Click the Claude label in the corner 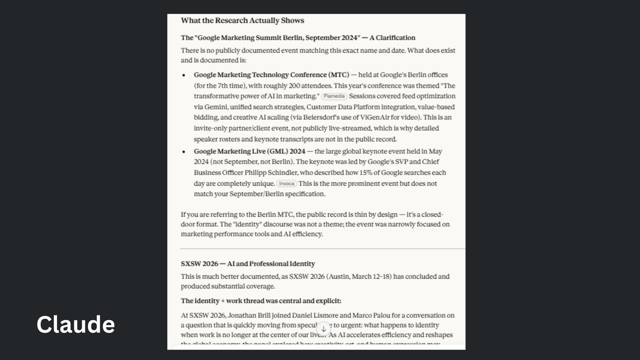tap(76, 324)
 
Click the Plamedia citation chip tap(334, 96)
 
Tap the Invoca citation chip tap(286, 184)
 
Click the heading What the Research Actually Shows tap(242, 21)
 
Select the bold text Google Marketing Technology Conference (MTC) tap(271, 75)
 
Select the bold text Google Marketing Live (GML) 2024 tap(249, 151)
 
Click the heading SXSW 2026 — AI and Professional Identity tap(248, 264)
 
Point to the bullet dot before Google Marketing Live tap(184, 152)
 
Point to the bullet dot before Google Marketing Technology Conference tap(184, 75)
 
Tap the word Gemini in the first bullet tap(216, 107)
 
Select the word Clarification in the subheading tap(395, 38)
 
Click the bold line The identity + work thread tap(261, 301)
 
